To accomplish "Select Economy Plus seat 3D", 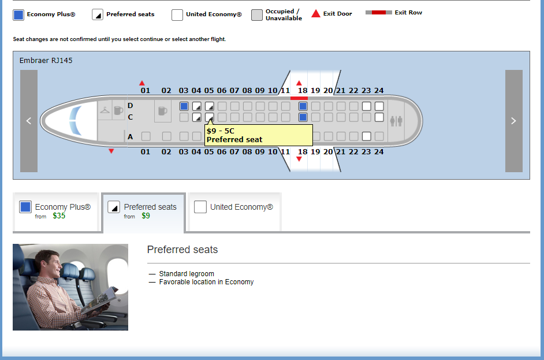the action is click(184, 106).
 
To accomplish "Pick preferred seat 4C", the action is click(197, 117).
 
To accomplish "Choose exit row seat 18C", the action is click(303, 117).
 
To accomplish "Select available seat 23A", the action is click(366, 136).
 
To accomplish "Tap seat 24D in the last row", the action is click(379, 106).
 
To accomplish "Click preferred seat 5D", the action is click(210, 106).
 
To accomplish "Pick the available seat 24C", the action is click(379, 117).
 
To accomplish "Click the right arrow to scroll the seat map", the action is click(514, 121).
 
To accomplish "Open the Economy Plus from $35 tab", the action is click(56, 211).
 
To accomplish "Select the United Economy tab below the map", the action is click(234, 211).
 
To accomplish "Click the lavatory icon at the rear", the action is click(396, 121).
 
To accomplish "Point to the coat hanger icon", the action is click(105, 110).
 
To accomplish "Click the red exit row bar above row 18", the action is click(299, 98).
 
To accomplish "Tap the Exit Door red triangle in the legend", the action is click(316, 13).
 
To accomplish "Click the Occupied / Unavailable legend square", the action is click(257, 15).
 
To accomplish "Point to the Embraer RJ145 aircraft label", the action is click(46, 61).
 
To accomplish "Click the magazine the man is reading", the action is click(100, 300).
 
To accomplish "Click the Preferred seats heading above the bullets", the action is click(182, 250).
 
